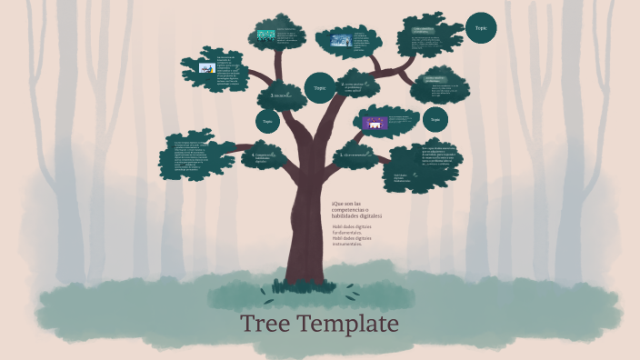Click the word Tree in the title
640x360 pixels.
click(x=268, y=325)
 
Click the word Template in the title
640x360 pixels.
click(x=349, y=325)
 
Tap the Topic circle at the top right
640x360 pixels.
click(x=481, y=28)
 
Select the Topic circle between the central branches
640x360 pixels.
click(x=319, y=88)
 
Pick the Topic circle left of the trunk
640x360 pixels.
click(x=267, y=121)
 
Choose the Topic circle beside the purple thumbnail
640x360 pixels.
click(x=435, y=119)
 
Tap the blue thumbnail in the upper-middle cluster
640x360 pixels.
click(x=341, y=41)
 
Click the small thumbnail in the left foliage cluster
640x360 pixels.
click(x=206, y=68)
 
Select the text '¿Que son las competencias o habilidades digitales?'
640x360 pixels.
click(x=356, y=209)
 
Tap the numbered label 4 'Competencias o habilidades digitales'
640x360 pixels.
click(x=265, y=157)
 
